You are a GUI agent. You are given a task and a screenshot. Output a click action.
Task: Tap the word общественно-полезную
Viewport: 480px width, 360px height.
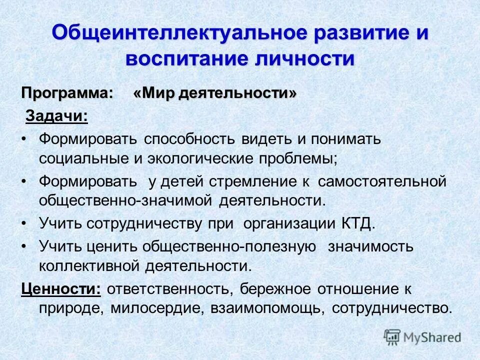(x=229, y=246)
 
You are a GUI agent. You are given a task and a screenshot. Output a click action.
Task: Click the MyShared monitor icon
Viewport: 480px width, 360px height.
(x=392, y=336)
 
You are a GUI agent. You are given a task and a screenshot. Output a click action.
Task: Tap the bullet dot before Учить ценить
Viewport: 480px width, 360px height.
(x=25, y=246)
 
